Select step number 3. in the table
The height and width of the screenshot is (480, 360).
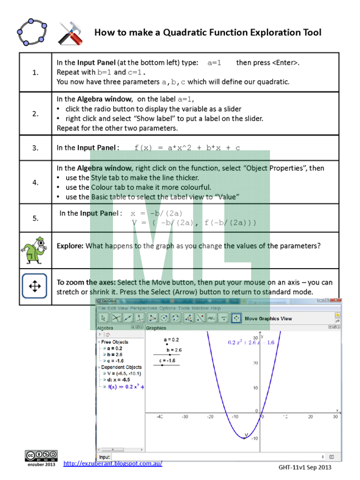click(36, 148)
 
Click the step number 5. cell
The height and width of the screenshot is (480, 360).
click(36, 218)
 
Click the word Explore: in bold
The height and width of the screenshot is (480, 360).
click(70, 246)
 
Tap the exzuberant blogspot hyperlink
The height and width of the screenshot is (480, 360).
click(112, 463)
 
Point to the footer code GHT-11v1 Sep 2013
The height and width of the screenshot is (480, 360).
click(305, 467)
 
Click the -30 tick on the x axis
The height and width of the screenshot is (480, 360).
click(184, 417)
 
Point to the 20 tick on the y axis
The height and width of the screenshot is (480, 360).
click(255, 363)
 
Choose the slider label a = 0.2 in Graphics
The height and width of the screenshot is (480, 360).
click(171, 340)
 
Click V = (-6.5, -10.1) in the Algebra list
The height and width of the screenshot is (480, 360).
click(125, 373)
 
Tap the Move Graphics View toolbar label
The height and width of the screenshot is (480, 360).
click(268, 319)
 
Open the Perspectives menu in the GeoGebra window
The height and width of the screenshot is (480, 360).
click(144, 308)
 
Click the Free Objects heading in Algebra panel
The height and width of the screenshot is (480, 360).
click(114, 342)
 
